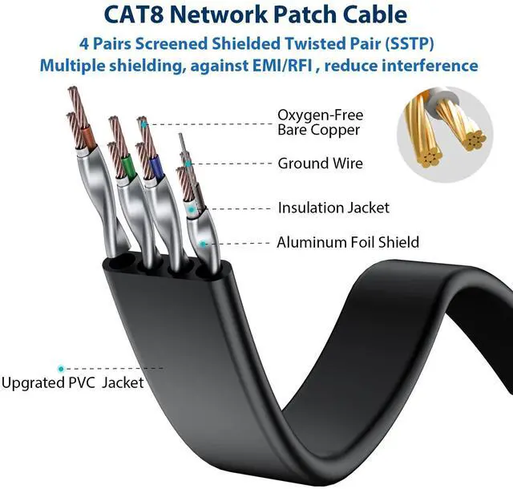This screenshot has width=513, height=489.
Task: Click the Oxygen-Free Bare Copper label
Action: [318, 122]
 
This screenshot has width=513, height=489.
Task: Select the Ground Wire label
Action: [320, 164]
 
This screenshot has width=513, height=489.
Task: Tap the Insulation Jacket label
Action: [333, 208]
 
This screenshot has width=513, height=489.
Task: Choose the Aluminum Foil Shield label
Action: [348, 241]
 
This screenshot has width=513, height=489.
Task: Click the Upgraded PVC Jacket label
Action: [72, 382]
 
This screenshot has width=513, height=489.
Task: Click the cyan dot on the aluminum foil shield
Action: [205, 241]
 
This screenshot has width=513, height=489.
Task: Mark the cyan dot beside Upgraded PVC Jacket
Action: [59, 368]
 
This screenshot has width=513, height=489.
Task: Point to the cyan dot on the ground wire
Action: [190, 164]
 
